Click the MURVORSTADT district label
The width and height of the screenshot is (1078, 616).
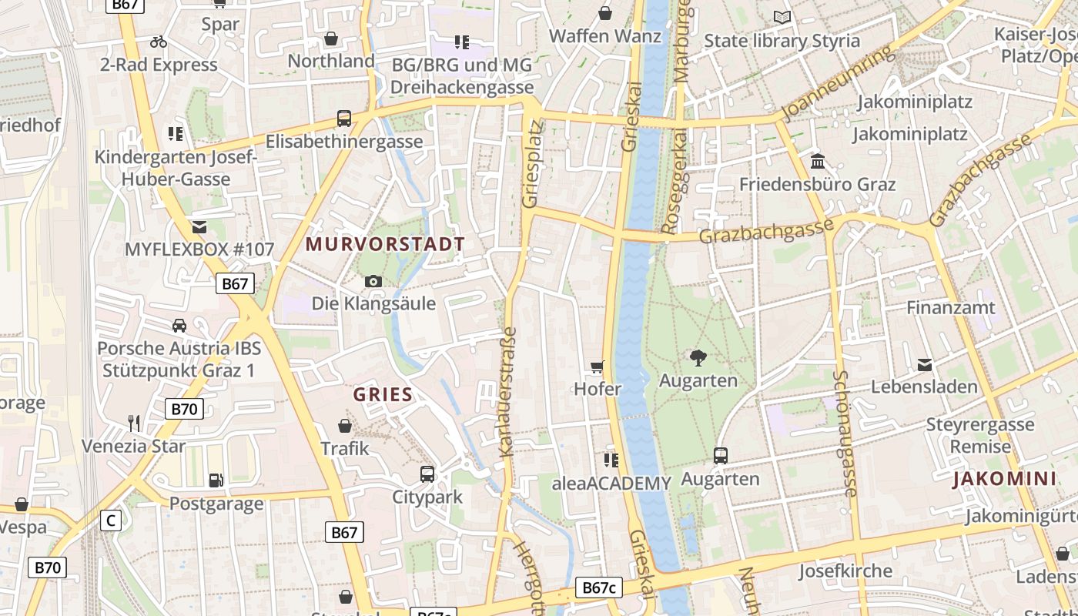385,245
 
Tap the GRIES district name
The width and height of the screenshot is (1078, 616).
383,395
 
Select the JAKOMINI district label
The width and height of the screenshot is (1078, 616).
1004,479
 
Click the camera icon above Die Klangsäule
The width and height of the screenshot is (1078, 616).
373,282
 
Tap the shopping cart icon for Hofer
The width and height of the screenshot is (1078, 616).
598,367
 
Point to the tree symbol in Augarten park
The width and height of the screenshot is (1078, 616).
698,357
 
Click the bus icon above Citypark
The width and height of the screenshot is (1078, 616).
427,474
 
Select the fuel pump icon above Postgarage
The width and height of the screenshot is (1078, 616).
216,480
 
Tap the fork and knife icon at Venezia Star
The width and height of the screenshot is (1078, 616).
134,423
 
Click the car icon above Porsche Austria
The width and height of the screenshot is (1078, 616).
179,325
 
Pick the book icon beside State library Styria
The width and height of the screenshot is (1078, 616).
782,17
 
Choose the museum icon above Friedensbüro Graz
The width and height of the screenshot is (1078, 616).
818,162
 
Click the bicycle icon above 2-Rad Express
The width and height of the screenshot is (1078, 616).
159,42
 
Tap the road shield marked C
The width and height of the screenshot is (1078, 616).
111,521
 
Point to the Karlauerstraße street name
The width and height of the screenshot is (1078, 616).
508,393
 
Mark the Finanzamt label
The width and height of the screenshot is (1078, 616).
951,307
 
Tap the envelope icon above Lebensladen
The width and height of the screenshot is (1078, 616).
925,364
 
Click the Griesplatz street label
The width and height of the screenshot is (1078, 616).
532,163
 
